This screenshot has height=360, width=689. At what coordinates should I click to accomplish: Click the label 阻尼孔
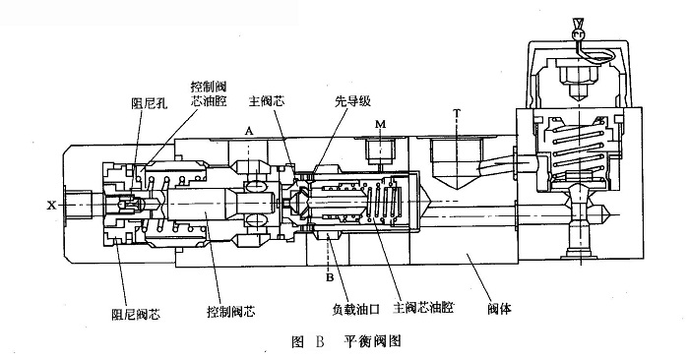(x=146, y=101)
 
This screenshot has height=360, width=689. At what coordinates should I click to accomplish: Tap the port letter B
(x=330, y=276)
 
